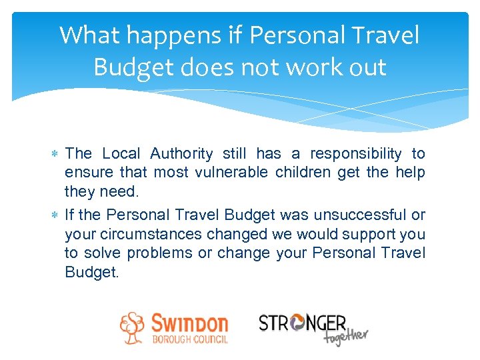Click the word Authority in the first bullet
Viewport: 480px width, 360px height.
pyautogui.click(x=181, y=154)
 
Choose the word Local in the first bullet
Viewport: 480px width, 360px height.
pyautogui.click(x=121, y=154)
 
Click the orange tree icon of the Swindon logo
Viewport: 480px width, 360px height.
pyautogui.click(x=133, y=327)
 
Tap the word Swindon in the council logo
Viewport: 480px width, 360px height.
pyautogui.click(x=189, y=323)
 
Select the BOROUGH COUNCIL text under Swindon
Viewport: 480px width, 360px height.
pyautogui.click(x=189, y=339)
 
